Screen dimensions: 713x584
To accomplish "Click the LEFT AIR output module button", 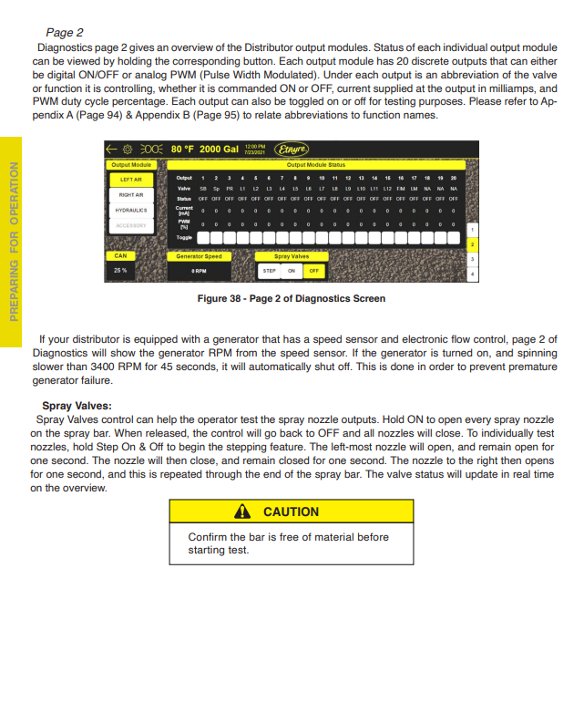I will click(131, 180).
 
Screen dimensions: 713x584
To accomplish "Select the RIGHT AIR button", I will click(131, 194).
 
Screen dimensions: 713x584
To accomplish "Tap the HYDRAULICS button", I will click(131, 210).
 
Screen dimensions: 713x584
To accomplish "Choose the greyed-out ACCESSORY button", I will click(131, 225).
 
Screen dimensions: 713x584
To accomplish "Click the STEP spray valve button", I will click(270, 271).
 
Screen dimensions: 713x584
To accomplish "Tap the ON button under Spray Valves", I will click(292, 271).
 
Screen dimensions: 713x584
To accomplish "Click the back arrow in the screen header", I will click(112, 149).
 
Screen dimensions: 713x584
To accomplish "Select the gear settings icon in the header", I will click(128, 149).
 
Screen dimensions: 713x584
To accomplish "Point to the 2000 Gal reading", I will click(219, 149).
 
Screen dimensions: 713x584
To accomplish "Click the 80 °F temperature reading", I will click(182, 149).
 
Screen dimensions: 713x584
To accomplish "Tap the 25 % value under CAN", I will click(120, 271).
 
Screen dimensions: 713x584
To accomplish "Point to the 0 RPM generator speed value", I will click(199, 271).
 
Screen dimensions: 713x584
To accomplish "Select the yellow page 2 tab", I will click(472, 244).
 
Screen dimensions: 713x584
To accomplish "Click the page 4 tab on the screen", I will click(472, 274).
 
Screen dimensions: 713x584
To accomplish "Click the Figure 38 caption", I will click(291, 299).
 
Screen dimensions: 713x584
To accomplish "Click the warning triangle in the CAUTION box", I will click(243, 511).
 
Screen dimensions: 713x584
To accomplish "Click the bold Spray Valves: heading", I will click(77, 406).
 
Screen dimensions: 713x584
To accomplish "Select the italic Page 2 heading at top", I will click(65, 32).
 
